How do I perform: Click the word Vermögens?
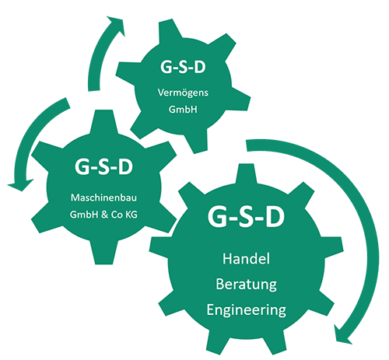[183, 93]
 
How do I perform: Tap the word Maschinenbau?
[103, 197]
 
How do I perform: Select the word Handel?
[246, 259]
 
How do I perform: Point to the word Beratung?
[246, 285]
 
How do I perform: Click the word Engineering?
[246, 310]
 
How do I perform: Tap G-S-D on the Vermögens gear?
[183, 67]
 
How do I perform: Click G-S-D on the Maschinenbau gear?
[103, 166]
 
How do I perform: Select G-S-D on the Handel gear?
[246, 217]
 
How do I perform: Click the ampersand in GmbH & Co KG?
[104, 215]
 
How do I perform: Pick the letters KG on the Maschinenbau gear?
[131, 215]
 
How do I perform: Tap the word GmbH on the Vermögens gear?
[183, 110]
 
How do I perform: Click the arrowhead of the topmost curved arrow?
[117, 26]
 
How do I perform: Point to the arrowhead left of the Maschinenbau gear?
[20, 184]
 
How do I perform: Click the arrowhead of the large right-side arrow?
[342, 335]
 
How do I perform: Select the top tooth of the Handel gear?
[246, 175]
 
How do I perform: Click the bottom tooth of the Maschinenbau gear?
[103, 253]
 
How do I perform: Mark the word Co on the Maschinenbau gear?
[117, 215]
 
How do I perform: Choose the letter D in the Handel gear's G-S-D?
[275, 217]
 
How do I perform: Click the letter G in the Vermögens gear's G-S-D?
[166, 67]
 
